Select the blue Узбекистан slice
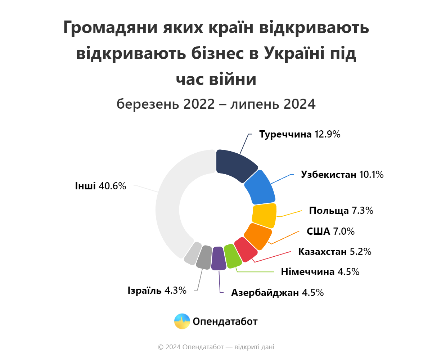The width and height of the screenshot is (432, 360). click(260, 187)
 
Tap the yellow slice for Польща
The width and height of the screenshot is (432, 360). click(264, 215)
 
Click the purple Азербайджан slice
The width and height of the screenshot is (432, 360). click(218, 258)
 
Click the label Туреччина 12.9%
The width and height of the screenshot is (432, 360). click(300, 135)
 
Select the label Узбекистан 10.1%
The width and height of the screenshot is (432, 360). click(342, 175)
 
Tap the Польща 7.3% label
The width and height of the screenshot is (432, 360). click(341, 211)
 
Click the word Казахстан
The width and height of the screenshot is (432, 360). click(323, 251)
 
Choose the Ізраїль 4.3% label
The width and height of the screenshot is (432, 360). click(157, 290)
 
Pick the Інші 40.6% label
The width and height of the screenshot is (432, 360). click(100, 186)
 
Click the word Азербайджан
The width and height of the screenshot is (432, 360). click(265, 293)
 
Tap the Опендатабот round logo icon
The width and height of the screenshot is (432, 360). click(182, 321)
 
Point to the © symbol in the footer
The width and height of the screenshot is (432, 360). click(161, 347)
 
